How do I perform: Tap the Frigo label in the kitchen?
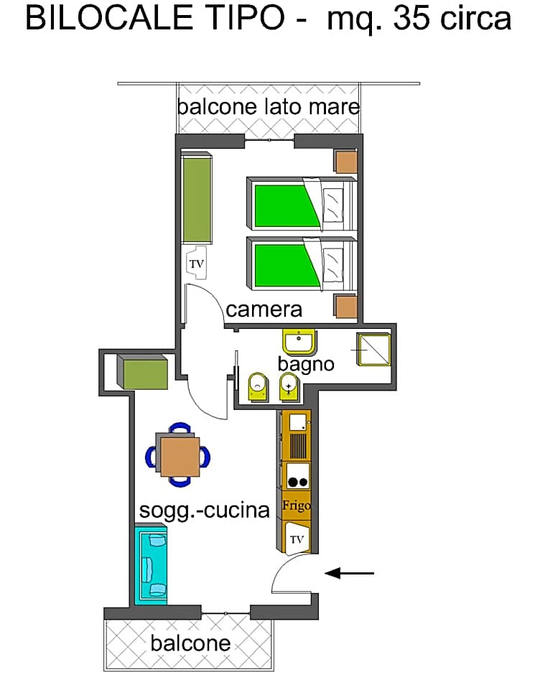coord(297,506)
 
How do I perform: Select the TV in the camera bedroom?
coord(196,264)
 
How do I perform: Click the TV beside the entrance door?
coord(297,539)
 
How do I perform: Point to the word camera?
coord(264,309)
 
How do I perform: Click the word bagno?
coord(306,363)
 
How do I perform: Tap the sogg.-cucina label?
coord(204,511)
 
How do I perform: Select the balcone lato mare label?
coord(268,107)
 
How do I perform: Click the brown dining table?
coord(180,457)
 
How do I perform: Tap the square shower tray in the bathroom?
coord(373,349)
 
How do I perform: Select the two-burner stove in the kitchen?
coord(297,476)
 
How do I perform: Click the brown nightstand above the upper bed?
coord(346,162)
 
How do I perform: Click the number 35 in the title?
coord(411,19)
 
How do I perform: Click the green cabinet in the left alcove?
coord(145,373)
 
